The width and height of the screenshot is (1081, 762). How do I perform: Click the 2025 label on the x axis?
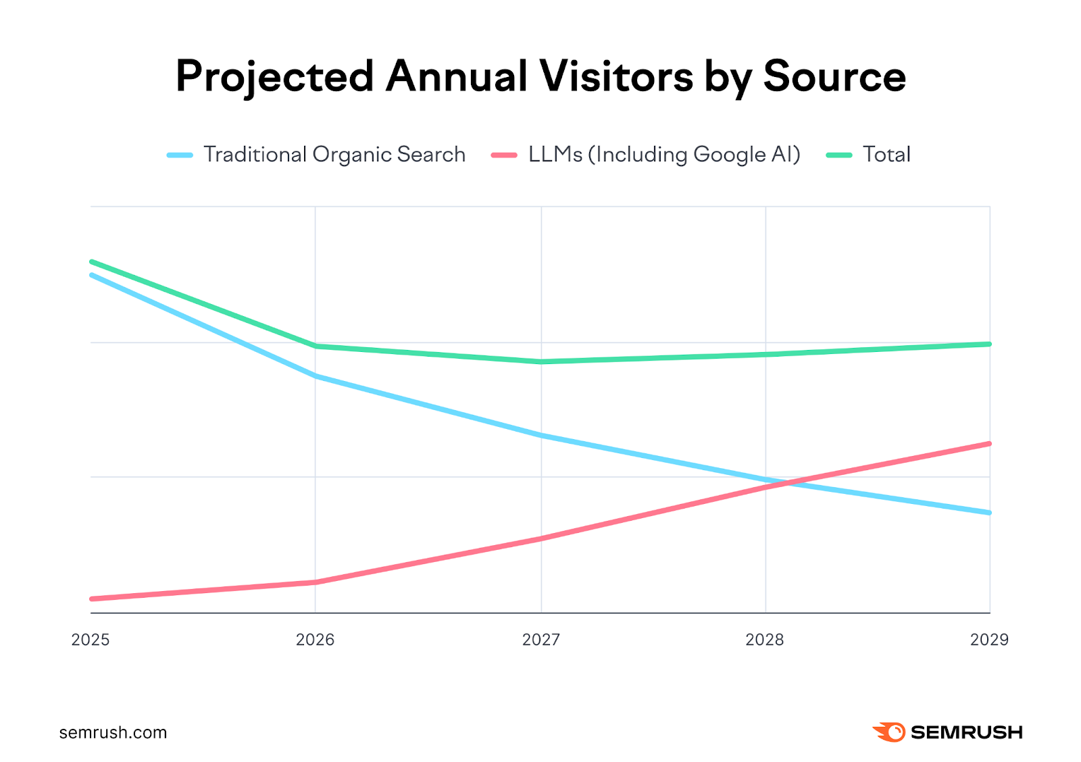91,640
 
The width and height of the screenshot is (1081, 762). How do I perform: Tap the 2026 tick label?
315,640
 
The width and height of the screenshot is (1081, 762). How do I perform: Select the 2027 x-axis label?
540,640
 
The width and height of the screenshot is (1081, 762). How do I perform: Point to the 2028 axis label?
764,640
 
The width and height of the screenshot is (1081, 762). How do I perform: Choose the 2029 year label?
989,640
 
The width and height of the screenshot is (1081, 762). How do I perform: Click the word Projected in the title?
274,76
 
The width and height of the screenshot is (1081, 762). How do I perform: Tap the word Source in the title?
834,76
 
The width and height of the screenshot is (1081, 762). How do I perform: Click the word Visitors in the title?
616,76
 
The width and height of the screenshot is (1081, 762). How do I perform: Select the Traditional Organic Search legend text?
334,155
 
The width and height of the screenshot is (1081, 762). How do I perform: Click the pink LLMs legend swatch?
504,155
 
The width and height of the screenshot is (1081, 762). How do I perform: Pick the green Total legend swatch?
839,155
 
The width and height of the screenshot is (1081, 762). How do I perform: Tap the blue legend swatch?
180,155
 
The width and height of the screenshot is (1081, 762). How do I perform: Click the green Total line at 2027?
541,362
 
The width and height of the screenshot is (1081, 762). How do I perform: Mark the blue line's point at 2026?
316,376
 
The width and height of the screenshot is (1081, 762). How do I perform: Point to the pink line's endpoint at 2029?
989,444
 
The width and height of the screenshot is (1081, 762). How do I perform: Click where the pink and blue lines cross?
784,484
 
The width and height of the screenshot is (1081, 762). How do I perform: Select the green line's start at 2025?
92,261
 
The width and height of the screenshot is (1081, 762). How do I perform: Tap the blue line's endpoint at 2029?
989,513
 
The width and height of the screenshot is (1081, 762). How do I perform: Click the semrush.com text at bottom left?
113,733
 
